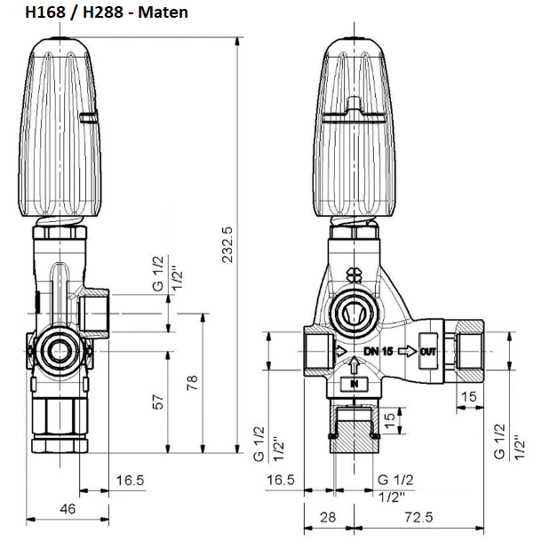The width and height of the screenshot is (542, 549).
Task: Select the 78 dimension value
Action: [x=191, y=383]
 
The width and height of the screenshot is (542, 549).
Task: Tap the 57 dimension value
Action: [x=158, y=402]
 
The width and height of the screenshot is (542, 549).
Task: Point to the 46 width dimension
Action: [x=68, y=509]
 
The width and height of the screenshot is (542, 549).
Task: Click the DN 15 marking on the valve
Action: [x=378, y=351]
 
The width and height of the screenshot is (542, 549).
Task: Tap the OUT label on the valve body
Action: [x=427, y=351]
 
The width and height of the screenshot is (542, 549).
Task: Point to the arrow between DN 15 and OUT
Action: [x=404, y=351]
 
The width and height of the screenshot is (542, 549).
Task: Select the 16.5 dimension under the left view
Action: [x=130, y=480]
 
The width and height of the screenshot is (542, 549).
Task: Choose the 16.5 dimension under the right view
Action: [x=281, y=480]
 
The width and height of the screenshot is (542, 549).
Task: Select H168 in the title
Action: [x=46, y=12]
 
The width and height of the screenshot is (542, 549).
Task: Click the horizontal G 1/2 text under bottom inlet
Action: [x=395, y=480]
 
